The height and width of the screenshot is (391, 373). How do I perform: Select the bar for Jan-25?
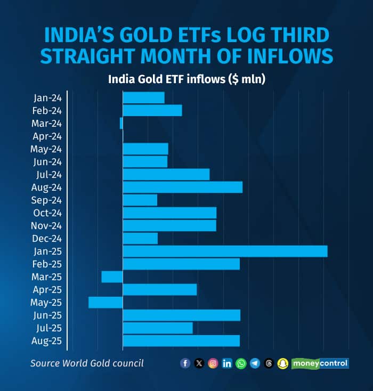point(225,251)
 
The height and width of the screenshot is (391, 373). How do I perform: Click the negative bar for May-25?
point(106,303)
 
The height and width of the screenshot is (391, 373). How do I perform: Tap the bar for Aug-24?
point(182,188)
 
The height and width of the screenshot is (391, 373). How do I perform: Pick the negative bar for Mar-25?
point(112,277)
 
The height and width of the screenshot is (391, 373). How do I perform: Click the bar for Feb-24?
point(152,111)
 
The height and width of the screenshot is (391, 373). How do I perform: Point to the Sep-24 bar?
point(140,200)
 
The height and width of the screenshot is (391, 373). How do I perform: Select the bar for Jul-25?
point(158,328)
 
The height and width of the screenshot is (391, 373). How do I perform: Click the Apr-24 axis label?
point(47,136)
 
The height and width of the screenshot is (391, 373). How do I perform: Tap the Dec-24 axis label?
point(47,239)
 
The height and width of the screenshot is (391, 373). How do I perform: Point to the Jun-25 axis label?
point(47,315)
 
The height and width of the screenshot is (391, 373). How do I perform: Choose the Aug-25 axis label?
point(47,341)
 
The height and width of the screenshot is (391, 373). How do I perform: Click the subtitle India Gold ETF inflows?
point(186,79)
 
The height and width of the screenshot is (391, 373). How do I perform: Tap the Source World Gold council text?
point(87,363)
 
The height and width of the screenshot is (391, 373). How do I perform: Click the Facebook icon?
point(185,363)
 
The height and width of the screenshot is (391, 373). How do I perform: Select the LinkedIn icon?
point(227,363)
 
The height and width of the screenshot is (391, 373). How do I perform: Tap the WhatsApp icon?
point(241,363)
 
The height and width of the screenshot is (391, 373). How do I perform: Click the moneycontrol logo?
point(320,363)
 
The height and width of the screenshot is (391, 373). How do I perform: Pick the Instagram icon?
point(213,363)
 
